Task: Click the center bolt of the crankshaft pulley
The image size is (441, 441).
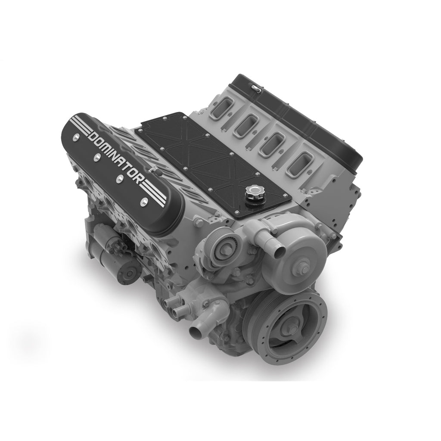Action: pyautogui.click(x=292, y=330)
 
